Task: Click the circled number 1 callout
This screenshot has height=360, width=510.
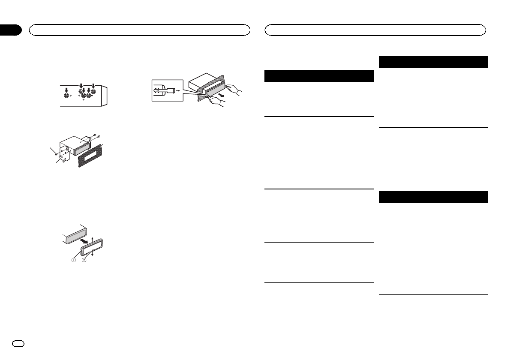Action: [x=74, y=261]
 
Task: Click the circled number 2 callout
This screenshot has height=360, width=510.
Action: [x=84, y=261]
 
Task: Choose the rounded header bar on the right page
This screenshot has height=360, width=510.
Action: [x=375, y=30]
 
